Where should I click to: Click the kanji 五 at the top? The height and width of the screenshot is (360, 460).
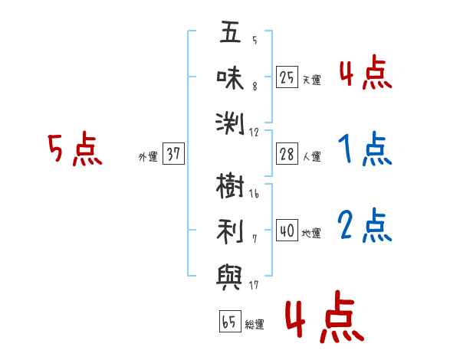(x=230, y=32)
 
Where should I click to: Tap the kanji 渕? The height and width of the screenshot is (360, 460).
(x=230, y=123)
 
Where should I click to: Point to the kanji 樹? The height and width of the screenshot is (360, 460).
(x=230, y=185)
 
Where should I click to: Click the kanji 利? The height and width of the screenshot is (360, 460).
(x=230, y=231)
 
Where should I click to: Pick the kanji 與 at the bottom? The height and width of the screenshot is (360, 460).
(x=229, y=277)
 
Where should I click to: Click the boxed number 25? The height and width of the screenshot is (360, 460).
(x=287, y=77)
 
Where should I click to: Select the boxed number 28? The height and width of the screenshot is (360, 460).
(x=287, y=154)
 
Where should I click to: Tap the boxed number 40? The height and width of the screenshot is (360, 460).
(x=287, y=231)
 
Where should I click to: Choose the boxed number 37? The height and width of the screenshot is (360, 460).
(x=173, y=153)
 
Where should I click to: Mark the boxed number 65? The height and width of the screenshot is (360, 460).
(x=230, y=321)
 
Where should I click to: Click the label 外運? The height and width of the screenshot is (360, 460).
(x=148, y=156)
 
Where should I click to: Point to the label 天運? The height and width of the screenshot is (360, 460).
(x=312, y=80)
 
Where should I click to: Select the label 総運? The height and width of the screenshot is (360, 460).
(x=255, y=325)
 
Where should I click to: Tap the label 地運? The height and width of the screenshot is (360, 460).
(x=312, y=233)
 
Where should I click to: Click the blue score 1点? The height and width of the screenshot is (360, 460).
(x=365, y=149)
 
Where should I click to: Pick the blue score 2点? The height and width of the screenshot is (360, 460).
(x=365, y=225)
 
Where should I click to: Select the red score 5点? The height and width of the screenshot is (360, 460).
(x=75, y=149)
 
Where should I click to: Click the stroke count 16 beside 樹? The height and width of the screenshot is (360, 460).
(x=254, y=193)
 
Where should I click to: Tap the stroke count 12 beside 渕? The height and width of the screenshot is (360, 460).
(x=254, y=133)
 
